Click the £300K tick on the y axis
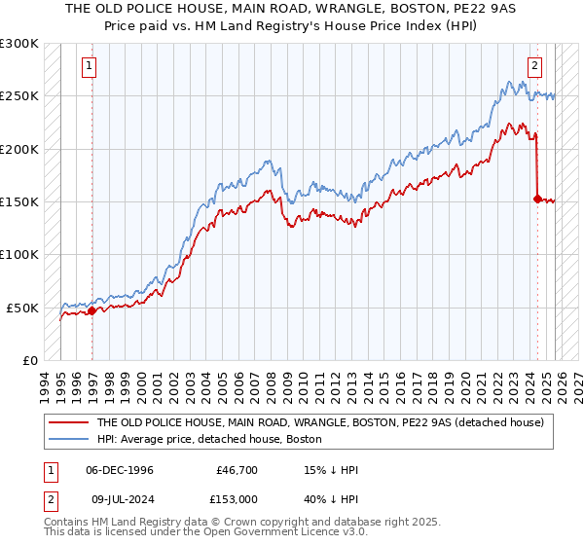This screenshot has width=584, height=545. click(19, 44)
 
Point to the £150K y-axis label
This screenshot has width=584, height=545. click(19, 202)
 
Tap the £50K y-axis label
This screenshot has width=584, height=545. click(22, 308)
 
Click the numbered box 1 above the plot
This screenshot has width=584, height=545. click(89, 66)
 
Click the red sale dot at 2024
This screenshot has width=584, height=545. click(537, 199)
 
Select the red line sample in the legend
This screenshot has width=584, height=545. click(68, 422)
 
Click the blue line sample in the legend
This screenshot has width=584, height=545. click(68, 438)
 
